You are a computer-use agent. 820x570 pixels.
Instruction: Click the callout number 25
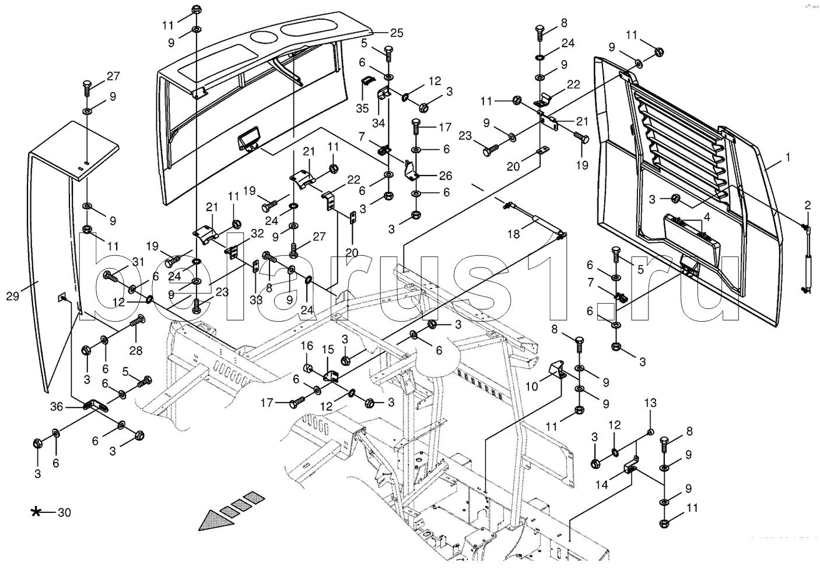coord(397,33)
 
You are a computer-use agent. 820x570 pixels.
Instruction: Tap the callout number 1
coord(788,157)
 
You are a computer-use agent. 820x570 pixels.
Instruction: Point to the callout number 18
coord(513,234)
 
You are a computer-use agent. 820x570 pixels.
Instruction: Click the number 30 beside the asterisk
coord(64,513)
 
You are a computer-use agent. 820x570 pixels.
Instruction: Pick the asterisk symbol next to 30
coord(36,512)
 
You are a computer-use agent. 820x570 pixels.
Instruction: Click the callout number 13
coord(650,403)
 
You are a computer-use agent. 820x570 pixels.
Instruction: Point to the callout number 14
coord(601,484)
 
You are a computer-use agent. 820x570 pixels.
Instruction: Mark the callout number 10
coord(532,386)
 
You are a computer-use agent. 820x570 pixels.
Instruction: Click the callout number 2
coord(808,205)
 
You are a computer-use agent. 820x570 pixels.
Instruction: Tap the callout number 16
coord(307,347)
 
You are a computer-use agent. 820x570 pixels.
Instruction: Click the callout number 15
coord(328,350)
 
